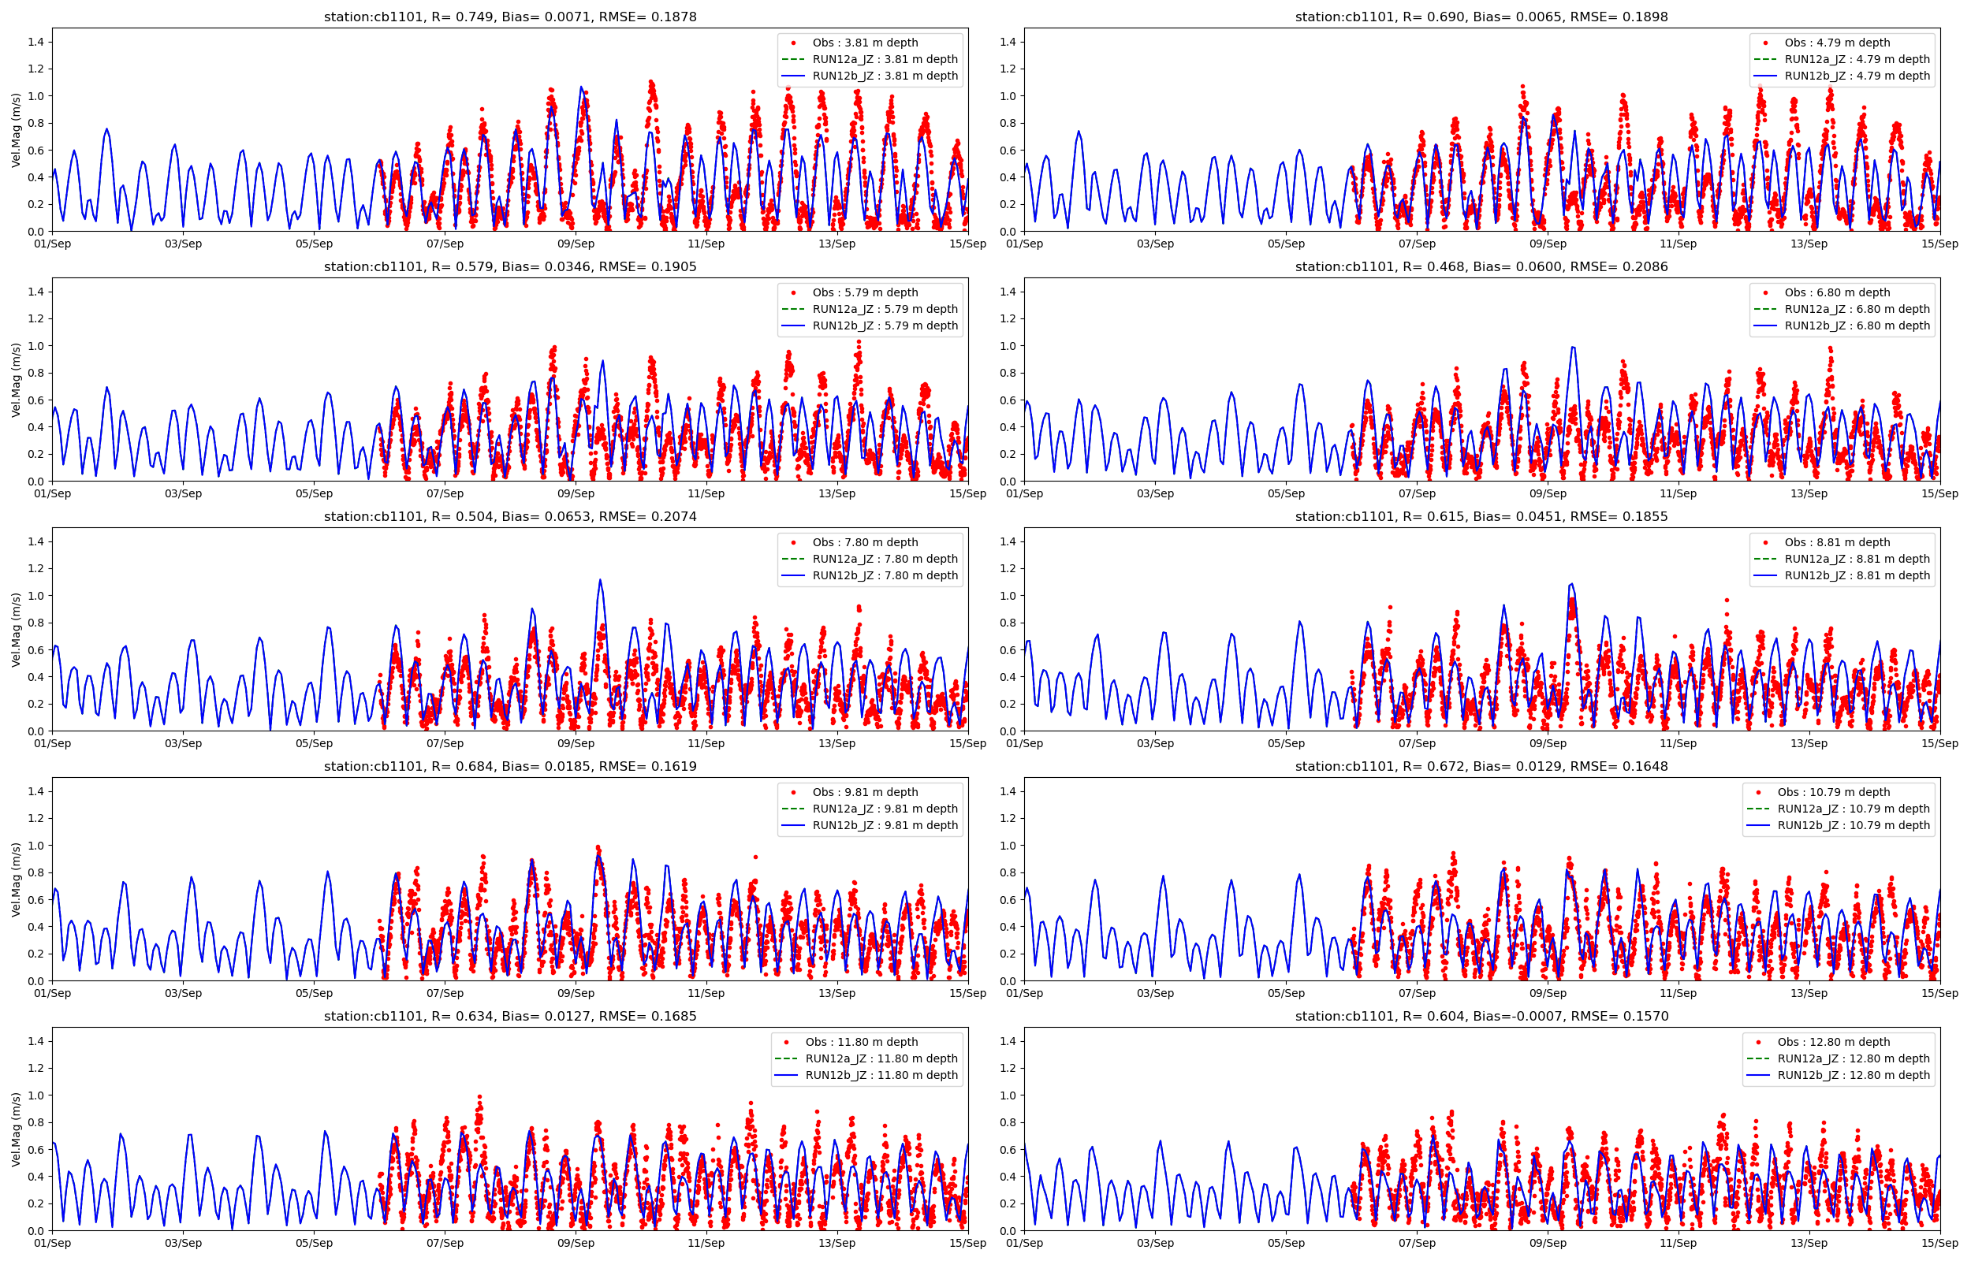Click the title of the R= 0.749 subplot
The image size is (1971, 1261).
[x=509, y=17]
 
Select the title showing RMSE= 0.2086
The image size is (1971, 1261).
[x=1481, y=266]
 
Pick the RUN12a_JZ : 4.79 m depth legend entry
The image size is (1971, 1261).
[x=1857, y=59]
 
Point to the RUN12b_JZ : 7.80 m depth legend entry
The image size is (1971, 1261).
[x=885, y=575]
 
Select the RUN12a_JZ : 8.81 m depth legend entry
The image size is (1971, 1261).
[x=1857, y=559]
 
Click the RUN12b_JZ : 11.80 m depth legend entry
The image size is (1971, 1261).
[x=881, y=1074]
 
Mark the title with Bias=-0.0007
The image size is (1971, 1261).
[x=1481, y=1015]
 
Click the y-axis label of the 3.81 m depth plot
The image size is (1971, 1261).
[x=17, y=129]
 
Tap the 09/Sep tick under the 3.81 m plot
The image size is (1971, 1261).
[x=576, y=244]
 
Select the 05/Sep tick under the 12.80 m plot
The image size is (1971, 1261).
[x=1286, y=1242]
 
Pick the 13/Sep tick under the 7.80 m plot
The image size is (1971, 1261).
[x=836, y=742]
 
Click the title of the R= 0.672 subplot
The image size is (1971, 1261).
[x=1481, y=765]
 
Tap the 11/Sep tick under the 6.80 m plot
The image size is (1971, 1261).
[x=1678, y=493]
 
